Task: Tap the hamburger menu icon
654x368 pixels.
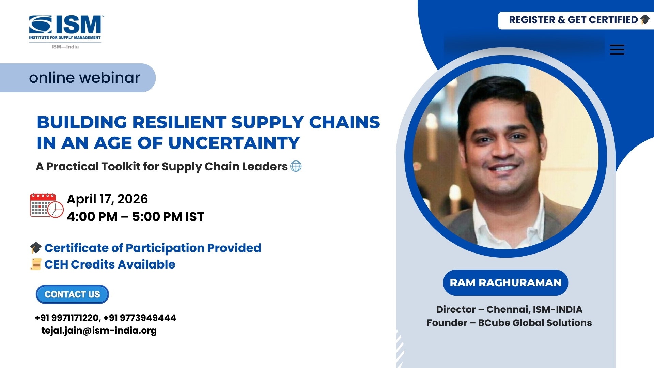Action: (617, 50)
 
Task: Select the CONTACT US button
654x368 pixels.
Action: (72, 294)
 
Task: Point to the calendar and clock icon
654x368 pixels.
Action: (47, 205)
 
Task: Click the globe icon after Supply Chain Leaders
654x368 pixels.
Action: (296, 166)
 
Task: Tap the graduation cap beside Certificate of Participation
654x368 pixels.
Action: (36, 248)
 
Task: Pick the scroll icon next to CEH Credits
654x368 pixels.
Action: (36, 264)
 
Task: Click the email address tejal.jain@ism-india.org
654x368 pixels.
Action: (99, 331)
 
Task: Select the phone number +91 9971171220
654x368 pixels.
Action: (67, 318)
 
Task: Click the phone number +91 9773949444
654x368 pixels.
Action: (140, 318)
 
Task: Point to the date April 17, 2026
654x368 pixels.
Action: (107, 199)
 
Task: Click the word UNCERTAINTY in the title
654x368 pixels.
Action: (234, 143)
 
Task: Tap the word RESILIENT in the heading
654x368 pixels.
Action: (179, 122)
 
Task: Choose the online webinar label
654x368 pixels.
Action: (84, 78)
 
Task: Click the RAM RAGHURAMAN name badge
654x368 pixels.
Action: (505, 283)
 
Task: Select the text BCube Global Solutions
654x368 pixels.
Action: (535, 323)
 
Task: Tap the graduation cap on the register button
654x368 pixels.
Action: (645, 20)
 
